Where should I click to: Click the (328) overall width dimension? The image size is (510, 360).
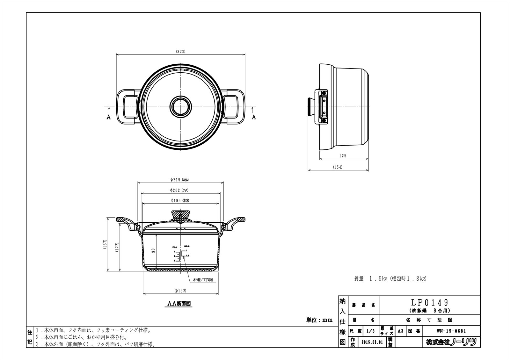point(180,51)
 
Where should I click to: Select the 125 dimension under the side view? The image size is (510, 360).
point(343,156)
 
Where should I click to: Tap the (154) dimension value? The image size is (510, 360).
point(338,167)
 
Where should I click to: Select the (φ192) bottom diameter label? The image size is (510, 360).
point(180,291)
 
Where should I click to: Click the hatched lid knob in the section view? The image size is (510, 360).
point(181,214)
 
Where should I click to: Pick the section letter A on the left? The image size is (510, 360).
point(108,117)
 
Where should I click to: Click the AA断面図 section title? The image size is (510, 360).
point(180,304)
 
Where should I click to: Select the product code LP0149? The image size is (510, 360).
point(430,302)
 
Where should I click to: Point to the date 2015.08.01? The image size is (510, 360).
point(372,342)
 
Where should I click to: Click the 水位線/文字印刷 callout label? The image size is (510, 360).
point(203,280)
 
